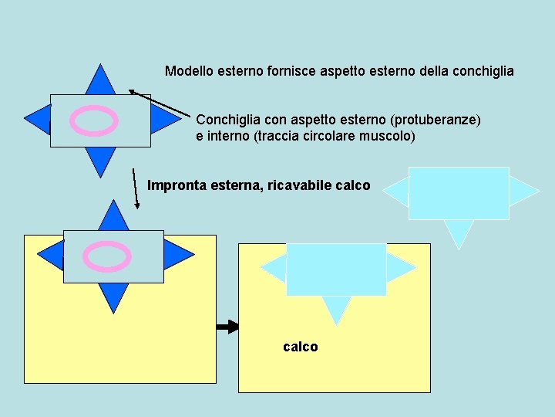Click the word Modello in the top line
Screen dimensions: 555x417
pyautogui.click(x=187, y=71)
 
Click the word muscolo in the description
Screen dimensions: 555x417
pyautogui.click(x=389, y=136)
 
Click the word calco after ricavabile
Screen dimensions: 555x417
pyautogui.click(x=354, y=185)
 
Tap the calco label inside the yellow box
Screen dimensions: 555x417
pyautogui.click(x=301, y=347)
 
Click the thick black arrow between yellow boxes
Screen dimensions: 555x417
pyautogui.click(x=227, y=327)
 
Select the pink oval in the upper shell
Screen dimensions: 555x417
pyautogui.click(x=94, y=120)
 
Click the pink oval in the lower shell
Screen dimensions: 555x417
pyautogui.click(x=107, y=256)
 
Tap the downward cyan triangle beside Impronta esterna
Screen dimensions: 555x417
pyautogui.click(x=459, y=231)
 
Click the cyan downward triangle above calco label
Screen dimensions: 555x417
pyautogui.click(x=336, y=308)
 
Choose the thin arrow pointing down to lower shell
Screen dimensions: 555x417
pyautogui.click(x=136, y=188)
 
